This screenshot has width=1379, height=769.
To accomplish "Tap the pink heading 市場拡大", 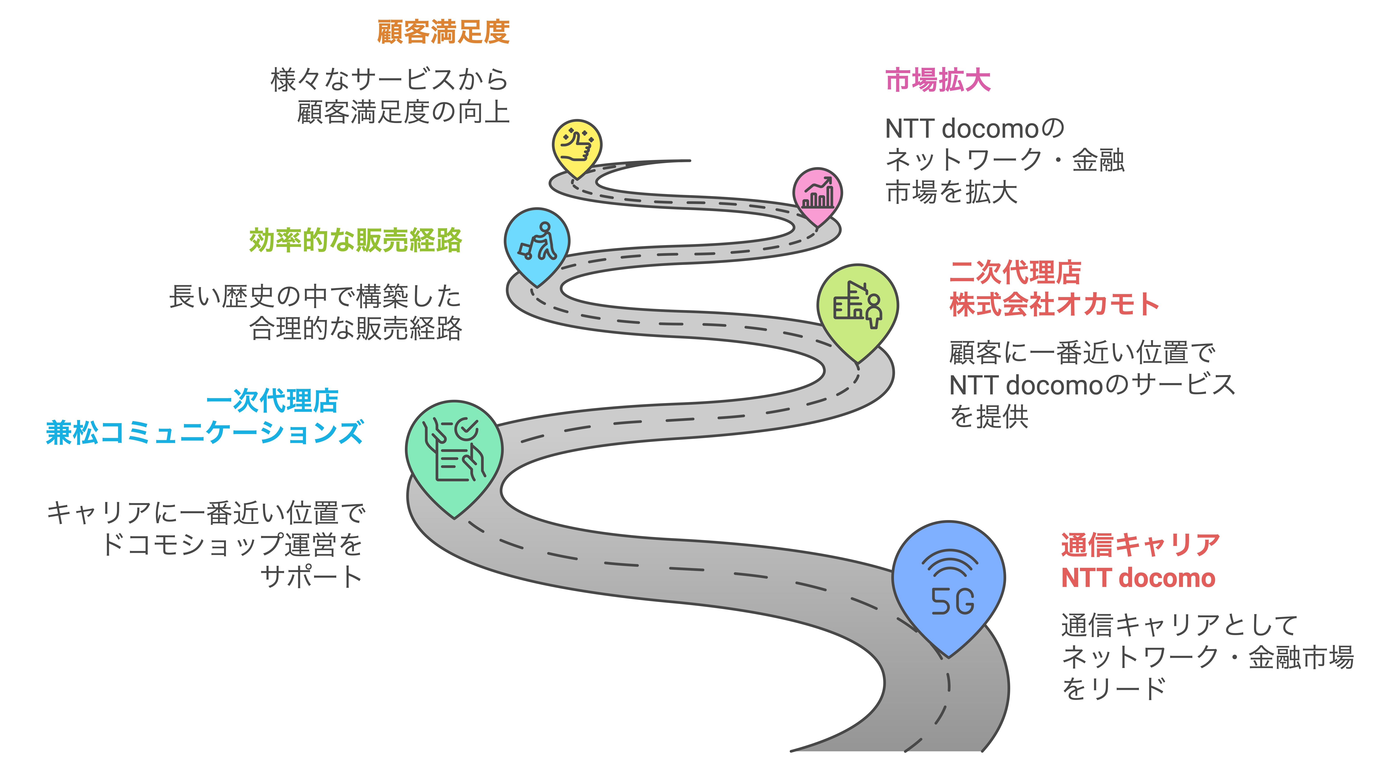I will coord(938,80).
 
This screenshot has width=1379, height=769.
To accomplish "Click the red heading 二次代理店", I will coord(1015,272).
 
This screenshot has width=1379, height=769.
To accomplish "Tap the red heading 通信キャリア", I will coord(1140,545).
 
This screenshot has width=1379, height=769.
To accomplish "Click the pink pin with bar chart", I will coord(817,194).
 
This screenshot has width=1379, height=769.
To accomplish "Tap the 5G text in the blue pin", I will coord(952,602).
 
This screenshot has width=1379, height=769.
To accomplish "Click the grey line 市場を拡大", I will coord(951,192).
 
